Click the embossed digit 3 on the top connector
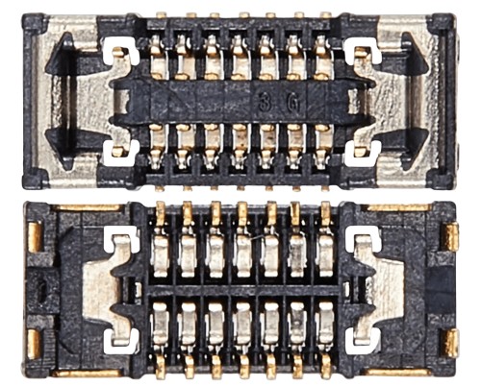264,103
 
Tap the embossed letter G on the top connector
292,104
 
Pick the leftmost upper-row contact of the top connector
158,57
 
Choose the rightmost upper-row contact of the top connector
323,57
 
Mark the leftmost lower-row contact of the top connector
157,146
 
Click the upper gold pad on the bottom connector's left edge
34,237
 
